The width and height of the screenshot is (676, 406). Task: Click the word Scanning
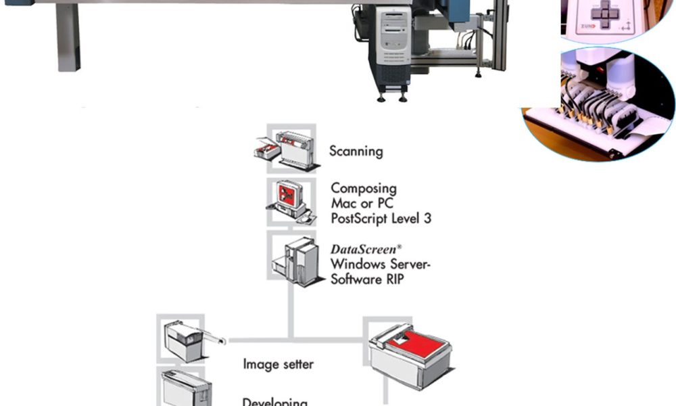pos(356,151)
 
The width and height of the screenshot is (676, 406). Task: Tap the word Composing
pos(364,188)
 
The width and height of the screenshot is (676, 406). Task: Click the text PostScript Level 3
pos(381,218)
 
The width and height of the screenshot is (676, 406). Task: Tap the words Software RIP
pos(367,278)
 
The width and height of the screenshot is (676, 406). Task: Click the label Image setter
pos(278,364)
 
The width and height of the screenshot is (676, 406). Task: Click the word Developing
pos(275,401)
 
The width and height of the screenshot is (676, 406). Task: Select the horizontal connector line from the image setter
pos(260,338)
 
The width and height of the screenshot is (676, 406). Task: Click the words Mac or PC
pos(362,203)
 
